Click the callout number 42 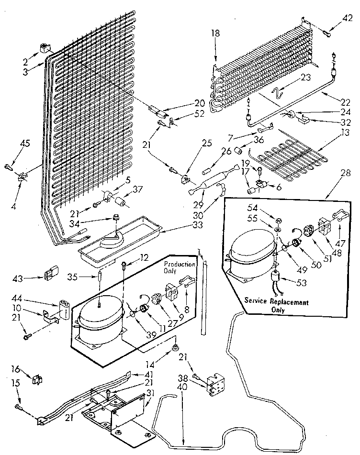pos(348,20)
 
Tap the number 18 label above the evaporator pos(216,33)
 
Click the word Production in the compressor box pos(180,264)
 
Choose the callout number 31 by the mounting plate pos(150,392)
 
